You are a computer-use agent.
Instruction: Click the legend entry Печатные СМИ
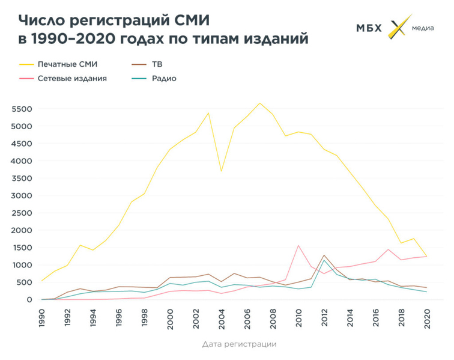pyautogui.click(x=67, y=63)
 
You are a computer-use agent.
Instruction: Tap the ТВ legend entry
pyautogui.click(x=157, y=63)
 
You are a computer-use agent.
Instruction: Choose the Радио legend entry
pyautogui.click(x=164, y=78)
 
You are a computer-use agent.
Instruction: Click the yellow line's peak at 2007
pyautogui.click(x=259, y=103)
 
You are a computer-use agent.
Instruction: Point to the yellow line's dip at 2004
pyautogui.click(x=221, y=171)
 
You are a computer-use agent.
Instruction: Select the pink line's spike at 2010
pyautogui.click(x=298, y=245)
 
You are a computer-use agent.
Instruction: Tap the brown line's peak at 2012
pyautogui.click(x=324, y=255)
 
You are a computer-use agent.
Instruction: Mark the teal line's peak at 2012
pyautogui.click(x=324, y=260)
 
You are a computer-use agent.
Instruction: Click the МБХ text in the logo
pyautogui.click(x=369, y=28)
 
